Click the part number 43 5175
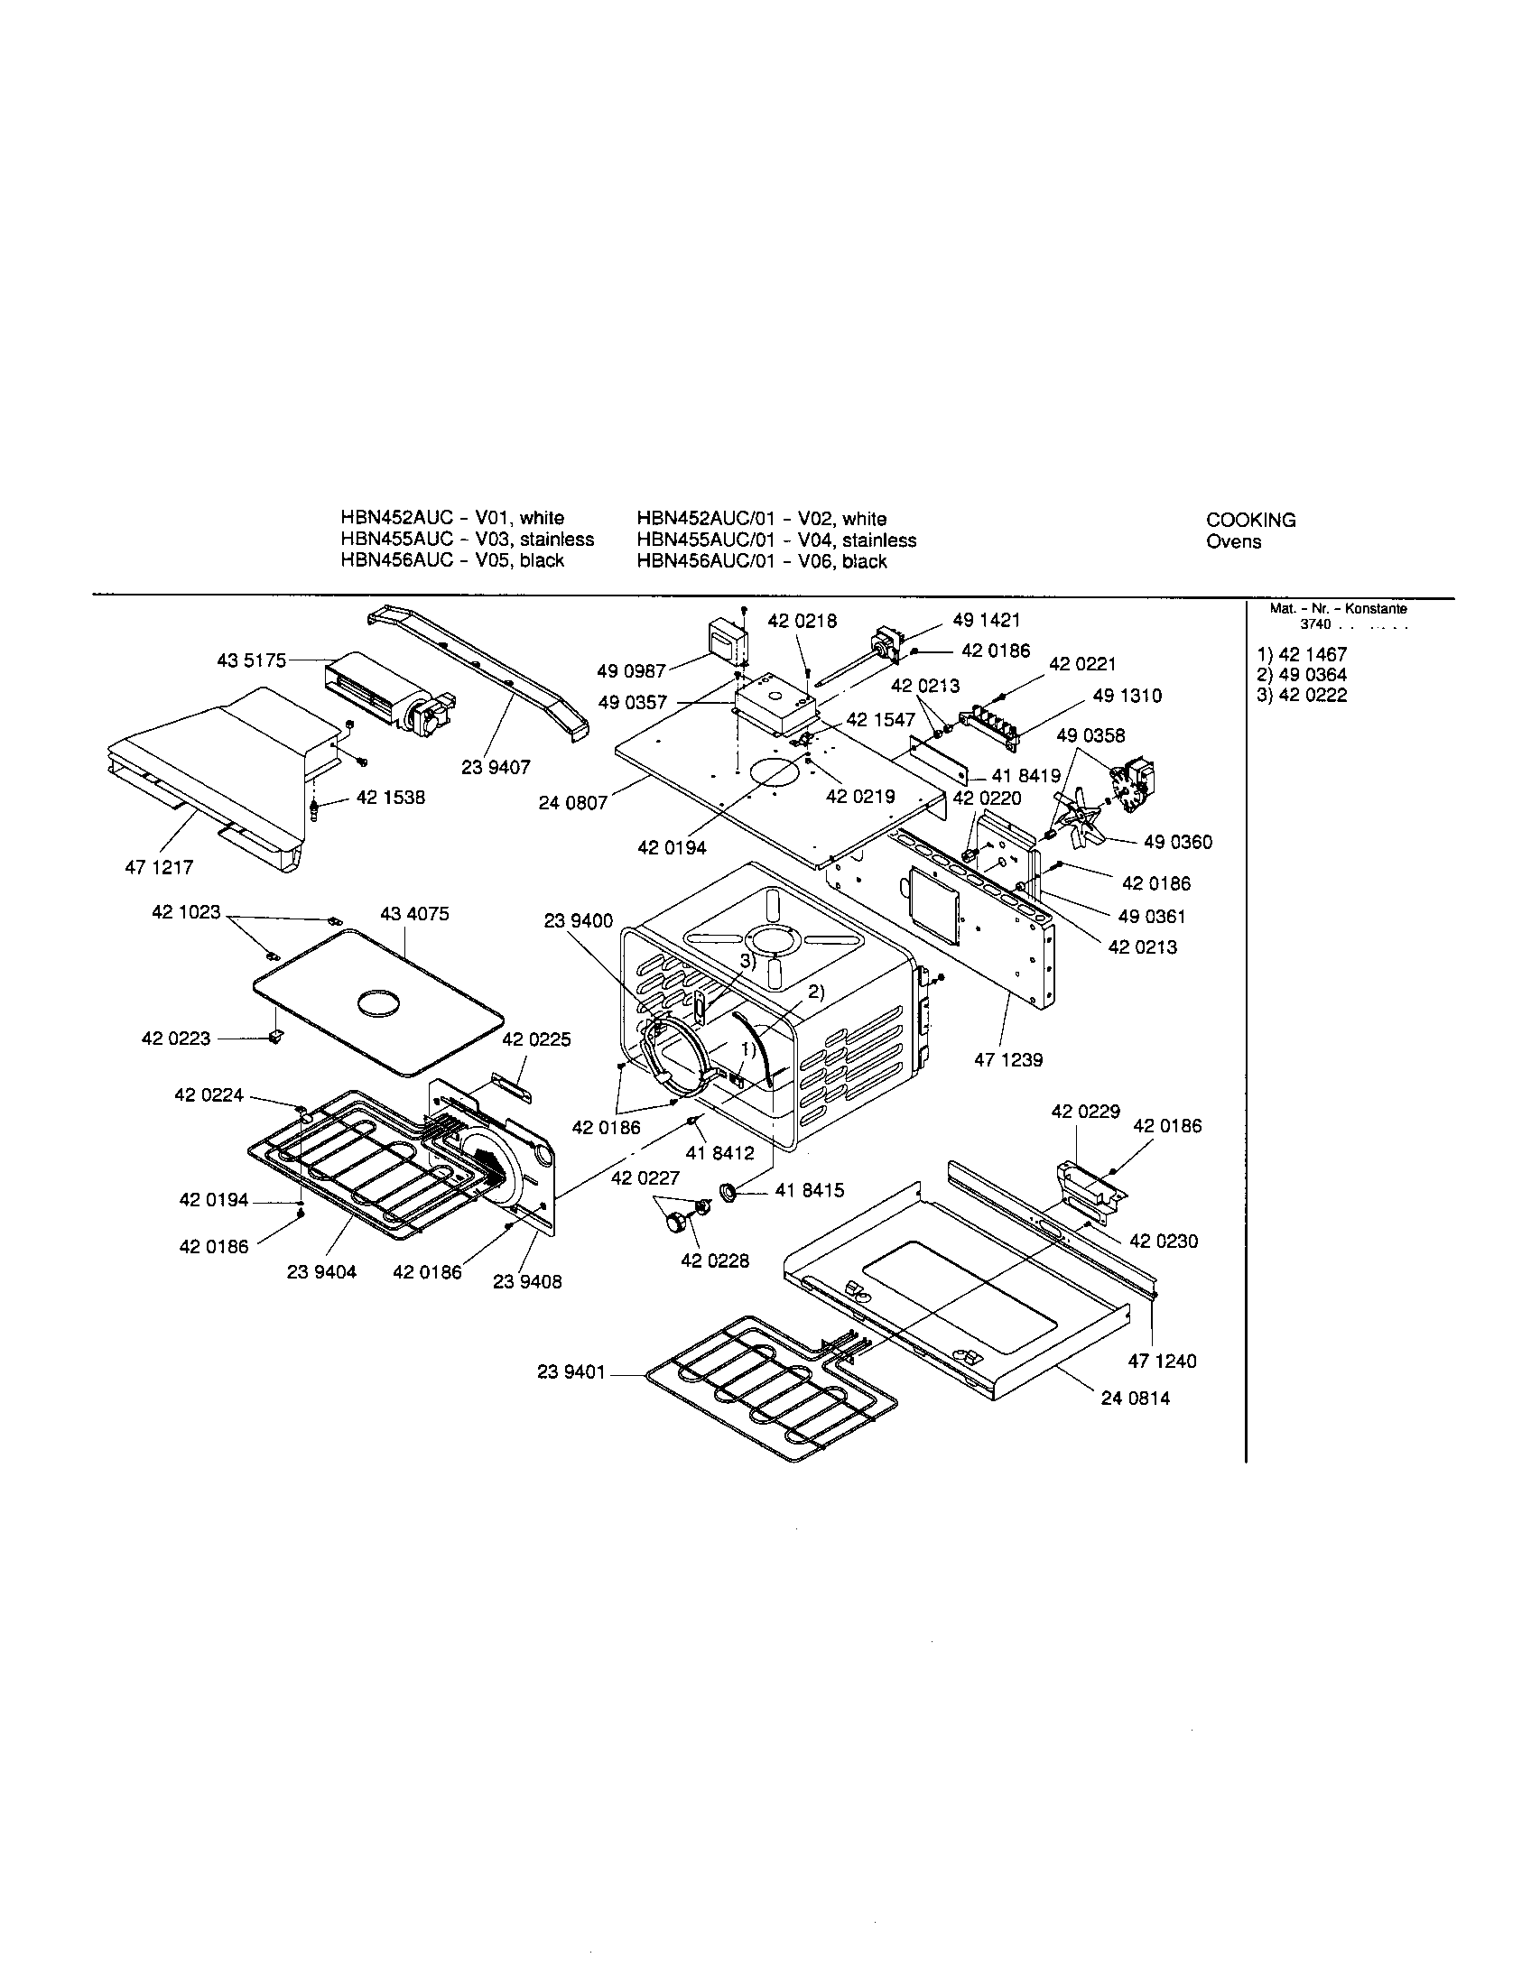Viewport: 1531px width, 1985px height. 251,660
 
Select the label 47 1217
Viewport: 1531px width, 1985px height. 159,867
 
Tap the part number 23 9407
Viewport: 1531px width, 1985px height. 496,767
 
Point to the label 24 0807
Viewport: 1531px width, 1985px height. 572,803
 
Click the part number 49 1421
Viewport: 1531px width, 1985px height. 987,621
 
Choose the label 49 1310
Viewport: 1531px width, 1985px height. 1127,696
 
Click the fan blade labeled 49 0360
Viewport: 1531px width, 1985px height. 1076,818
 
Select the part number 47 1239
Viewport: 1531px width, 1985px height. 1008,1060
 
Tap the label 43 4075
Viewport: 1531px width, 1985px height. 414,914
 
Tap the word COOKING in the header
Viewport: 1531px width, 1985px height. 1251,520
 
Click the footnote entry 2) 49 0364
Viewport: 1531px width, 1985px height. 1301,674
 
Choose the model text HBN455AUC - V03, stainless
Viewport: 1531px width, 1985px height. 468,539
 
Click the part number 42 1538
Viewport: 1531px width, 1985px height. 390,797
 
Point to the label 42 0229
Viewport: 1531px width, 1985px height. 1086,1111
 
